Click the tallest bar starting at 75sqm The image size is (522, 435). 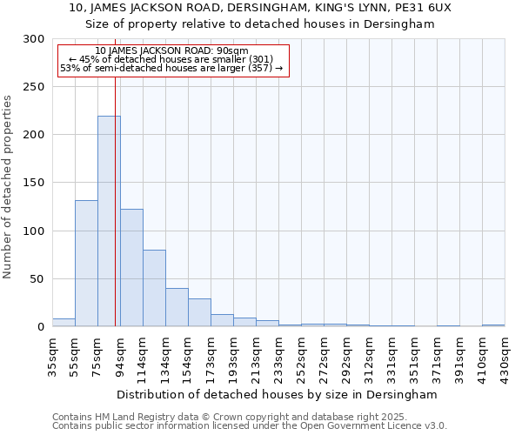point(109,221)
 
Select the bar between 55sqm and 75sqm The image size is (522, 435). point(86,263)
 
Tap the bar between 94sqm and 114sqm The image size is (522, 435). point(131,267)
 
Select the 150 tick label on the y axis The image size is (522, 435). point(36,183)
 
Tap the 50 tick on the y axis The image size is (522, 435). point(39,279)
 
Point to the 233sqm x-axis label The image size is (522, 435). point(278,357)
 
